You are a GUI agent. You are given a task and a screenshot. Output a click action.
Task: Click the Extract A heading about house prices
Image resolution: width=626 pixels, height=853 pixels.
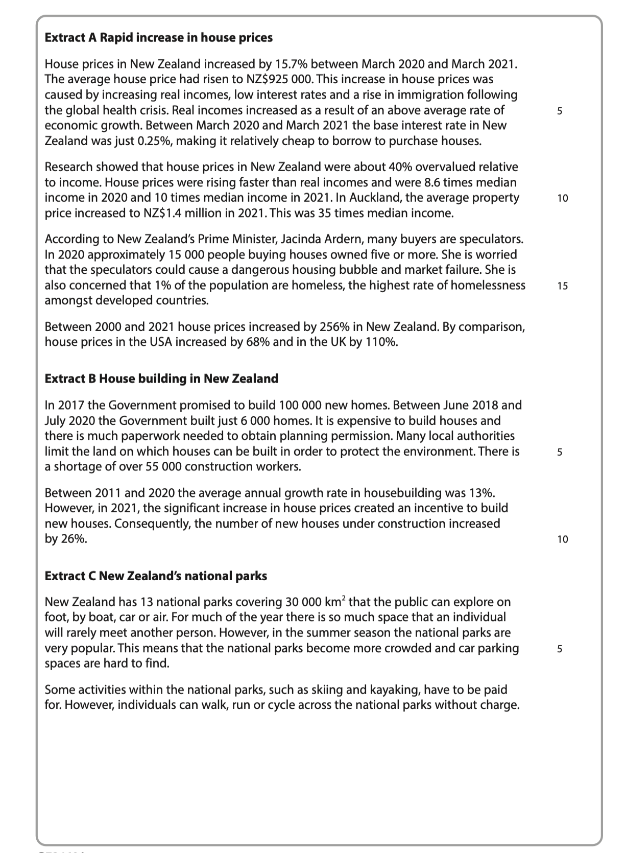(159, 38)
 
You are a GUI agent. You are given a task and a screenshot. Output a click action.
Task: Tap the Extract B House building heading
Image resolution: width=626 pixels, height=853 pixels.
(161, 378)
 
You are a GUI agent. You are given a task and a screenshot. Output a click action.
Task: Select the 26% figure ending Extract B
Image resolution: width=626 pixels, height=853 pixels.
(74, 539)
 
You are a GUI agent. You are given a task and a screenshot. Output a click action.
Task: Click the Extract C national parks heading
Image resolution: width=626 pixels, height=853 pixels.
(156, 576)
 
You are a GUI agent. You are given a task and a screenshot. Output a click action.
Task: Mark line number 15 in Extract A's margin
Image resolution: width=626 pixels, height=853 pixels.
(562, 286)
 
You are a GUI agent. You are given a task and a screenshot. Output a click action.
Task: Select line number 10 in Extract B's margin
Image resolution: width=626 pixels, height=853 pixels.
(562, 539)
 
